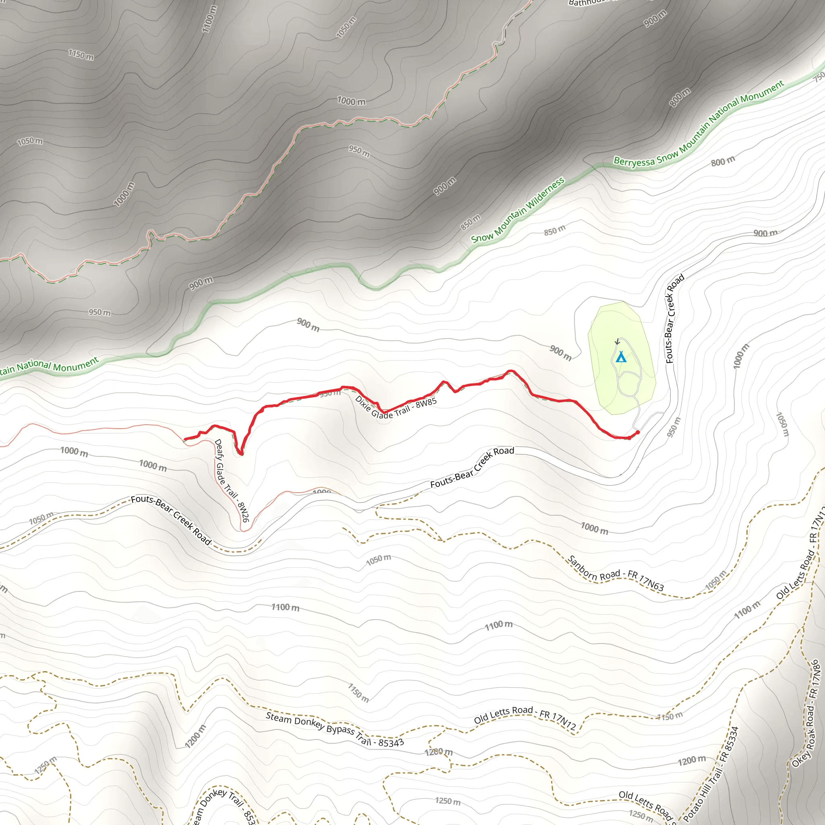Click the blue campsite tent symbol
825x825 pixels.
pyautogui.click(x=621, y=357)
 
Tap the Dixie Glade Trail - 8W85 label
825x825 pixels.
pyautogui.click(x=396, y=408)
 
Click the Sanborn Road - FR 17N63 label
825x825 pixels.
pyautogui.click(x=616, y=574)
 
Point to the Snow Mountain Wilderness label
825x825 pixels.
pyautogui.click(x=518, y=210)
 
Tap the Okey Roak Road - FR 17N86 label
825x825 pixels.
pyautogui.click(x=805, y=713)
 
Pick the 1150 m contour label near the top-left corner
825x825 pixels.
pyautogui.click(x=81, y=55)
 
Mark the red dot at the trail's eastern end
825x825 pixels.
pyautogui.click(x=638, y=433)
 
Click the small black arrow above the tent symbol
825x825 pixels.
pyautogui.click(x=617, y=342)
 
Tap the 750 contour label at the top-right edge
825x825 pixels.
pyautogui.click(x=819, y=77)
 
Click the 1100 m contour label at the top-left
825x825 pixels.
pyautogui.click(x=209, y=19)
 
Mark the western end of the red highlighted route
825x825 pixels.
pyautogui.click(x=184, y=439)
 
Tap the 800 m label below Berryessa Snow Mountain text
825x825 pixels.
pyautogui.click(x=723, y=161)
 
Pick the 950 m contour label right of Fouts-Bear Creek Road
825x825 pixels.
pyautogui.click(x=674, y=427)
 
